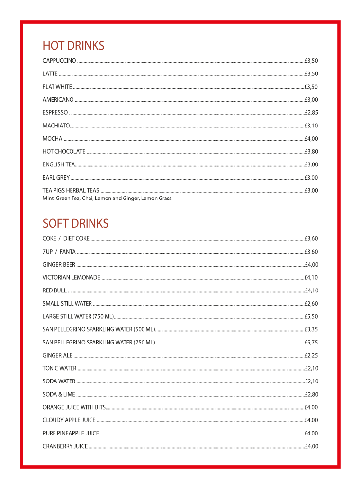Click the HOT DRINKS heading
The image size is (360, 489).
tap(73, 46)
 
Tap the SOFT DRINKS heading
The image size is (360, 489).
tap(75, 224)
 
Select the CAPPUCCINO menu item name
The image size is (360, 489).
tap(59, 61)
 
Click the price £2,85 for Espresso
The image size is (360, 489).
tap(311, 113)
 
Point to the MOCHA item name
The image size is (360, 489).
tap(53, 139)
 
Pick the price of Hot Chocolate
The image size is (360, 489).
tap(311, 152)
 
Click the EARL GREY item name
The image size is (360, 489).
tap(56, 178)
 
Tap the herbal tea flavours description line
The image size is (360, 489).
tap(107, 199)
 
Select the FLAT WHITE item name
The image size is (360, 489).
tap(57, 87)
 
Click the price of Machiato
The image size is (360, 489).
tap(311, 126)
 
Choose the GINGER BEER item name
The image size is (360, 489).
tap(59, 265)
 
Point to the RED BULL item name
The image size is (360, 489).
tap(54, 291)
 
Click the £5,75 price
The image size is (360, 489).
tap(311, 343)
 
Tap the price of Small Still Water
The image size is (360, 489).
tap(311, 304)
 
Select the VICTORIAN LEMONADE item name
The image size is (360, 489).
tap(71, 278)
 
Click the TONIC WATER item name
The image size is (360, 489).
tap(59, 368)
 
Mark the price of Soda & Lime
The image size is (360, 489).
tap(311, 395)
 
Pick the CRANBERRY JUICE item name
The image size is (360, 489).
tap(65, 446)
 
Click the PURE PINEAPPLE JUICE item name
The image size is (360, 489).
tap(71, 434)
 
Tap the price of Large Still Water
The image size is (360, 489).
tap(311, 317)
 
